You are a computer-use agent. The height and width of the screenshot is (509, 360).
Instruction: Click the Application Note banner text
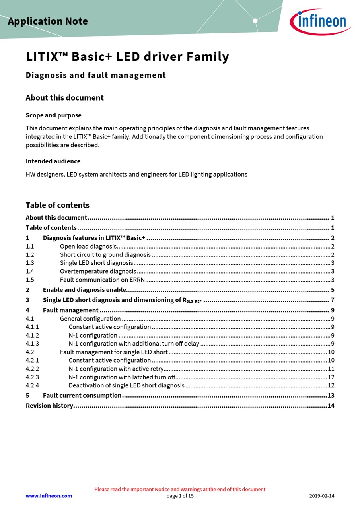[48, 21]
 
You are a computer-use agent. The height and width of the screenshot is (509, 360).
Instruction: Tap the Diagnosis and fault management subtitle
[96, 75]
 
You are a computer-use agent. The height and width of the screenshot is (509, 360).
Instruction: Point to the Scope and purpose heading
[53, 115]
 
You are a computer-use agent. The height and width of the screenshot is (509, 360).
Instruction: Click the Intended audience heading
[53, 161]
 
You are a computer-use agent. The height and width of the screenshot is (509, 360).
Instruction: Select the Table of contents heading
[58, 205]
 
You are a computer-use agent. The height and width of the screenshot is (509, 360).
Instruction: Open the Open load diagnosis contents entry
[88, 247]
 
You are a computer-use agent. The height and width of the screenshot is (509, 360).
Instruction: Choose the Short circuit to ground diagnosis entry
[105, 255]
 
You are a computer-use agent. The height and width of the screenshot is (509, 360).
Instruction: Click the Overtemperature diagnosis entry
[98, 271]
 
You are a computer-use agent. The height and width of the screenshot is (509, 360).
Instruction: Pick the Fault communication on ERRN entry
[102, 280]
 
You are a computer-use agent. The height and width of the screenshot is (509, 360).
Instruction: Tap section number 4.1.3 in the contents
[32, 344]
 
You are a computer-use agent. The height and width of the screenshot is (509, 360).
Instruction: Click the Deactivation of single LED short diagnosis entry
[126, 385]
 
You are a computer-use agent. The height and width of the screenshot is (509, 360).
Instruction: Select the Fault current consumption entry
[82, 395]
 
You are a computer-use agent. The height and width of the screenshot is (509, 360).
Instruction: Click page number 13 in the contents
[331, 395]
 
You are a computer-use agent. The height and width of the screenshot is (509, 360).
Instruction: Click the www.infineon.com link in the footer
[49, 496]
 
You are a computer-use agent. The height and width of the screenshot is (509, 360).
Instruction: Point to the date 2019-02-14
[322, 496]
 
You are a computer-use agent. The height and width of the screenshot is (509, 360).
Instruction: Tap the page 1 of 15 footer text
[180, 496]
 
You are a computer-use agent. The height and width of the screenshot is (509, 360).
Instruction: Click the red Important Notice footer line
[180, 489]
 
